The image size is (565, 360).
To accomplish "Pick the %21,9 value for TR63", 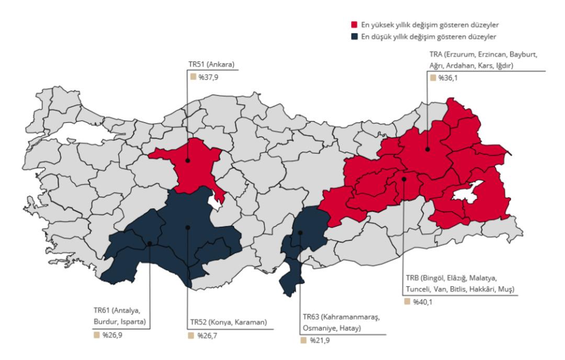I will point(317,340).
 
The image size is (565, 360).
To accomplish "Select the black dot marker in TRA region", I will point(427,149).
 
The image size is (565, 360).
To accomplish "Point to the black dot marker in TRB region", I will point(404,179).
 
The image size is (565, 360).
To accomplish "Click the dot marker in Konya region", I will point(187,227).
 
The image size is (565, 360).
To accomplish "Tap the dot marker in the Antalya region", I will point(150,243).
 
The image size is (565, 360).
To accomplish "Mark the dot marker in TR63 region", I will point(300,232).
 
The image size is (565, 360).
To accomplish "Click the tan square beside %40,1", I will point(407,301).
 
